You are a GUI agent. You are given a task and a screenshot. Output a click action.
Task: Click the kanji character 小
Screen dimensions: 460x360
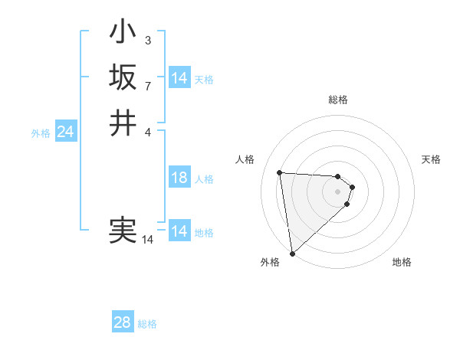pos(123,33)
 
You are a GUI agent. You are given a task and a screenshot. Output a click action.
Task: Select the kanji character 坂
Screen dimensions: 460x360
pos(123,77)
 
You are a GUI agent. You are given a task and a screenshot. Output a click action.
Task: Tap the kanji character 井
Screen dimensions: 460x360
pos(123,123)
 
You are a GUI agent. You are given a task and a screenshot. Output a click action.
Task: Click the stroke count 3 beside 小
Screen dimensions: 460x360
pos(147,41)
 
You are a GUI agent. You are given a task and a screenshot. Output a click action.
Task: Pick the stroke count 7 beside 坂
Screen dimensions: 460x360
pos(147,85)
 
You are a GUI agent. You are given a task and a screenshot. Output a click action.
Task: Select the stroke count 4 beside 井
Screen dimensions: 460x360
pos(147,131)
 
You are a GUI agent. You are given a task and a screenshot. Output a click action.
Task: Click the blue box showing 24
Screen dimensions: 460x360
pos(66,133)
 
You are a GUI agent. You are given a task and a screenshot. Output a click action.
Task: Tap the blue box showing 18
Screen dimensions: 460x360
pos(179,178)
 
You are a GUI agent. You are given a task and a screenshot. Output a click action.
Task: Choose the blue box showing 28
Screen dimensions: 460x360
pos(123,322)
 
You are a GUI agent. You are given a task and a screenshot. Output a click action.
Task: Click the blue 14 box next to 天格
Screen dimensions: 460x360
pos(179,79)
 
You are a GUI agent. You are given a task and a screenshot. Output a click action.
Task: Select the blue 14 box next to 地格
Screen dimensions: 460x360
pos(179,231)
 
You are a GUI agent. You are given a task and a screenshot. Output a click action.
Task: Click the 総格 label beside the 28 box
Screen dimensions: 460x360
pos(147,324)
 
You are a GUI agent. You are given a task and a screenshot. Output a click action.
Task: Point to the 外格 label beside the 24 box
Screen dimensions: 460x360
pos(41,133)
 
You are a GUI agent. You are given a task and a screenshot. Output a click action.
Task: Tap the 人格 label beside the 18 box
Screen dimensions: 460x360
pos(204,179)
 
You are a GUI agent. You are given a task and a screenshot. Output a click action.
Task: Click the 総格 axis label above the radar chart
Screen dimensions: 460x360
pos(338,100)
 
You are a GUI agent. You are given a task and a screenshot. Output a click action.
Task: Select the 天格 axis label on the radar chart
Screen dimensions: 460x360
pos(431,159)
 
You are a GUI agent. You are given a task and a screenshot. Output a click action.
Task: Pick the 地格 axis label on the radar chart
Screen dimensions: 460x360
pos(402,262)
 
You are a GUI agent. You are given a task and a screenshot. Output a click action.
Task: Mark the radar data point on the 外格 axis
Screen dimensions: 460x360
pos(292,253)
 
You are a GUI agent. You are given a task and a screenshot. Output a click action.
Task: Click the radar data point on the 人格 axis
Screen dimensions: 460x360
pos(280,172)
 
